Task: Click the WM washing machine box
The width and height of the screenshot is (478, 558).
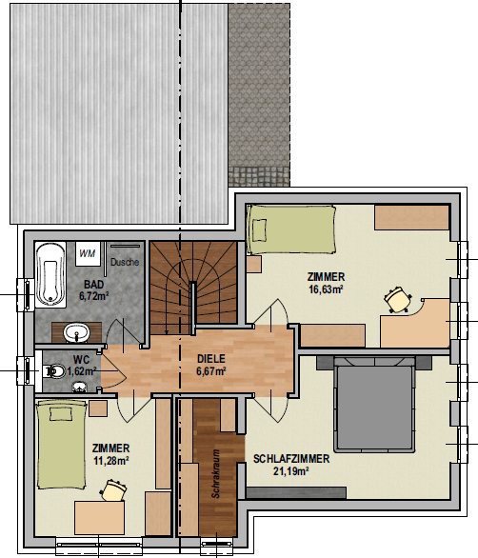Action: tap(88, 253)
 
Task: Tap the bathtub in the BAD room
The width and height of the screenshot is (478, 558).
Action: tap(50, 275)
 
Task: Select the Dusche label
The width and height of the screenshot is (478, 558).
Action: tap(125, 262)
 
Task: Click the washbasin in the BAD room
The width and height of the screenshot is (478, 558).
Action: tap(76, 332)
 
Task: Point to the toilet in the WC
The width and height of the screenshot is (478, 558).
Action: tap(53, 371)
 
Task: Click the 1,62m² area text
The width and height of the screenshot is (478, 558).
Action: tap(82, 371)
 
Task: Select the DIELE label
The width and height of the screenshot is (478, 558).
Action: tap(211, 358)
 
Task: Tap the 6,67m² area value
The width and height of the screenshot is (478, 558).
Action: tap(211, 370)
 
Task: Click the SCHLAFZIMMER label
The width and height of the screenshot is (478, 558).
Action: tap(291, 459)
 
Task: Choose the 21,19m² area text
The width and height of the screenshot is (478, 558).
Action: tap(290, 471)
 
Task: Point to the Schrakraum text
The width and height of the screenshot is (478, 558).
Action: tap(216, 473)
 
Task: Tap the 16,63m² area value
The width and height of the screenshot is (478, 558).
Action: tap(326, 289)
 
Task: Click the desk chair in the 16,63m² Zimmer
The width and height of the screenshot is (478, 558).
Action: tap(398, 299)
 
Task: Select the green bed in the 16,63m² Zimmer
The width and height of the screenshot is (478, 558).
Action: tap(291, 229)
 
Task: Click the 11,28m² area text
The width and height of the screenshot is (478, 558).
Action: tap(111, 461)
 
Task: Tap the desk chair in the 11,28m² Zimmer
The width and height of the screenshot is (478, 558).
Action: tap(114, 490)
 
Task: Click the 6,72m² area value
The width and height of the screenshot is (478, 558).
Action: tap(94, 296)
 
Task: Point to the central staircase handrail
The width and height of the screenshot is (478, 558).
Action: tap(193, 309)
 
